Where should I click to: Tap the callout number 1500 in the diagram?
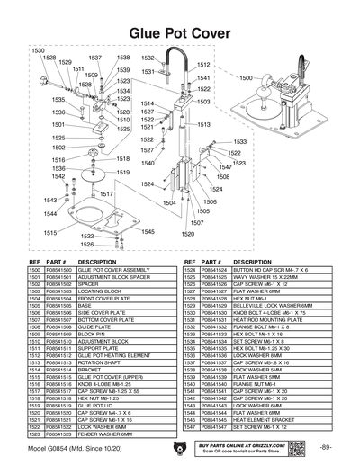[x=246, y=78]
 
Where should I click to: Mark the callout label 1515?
[x=53, y=232]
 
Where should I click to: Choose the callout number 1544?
[x=51, y=213]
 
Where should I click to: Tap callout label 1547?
[x=225, y=167]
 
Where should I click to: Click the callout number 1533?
[x=240, y=141]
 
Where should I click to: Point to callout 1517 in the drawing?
[x=106, y=193]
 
